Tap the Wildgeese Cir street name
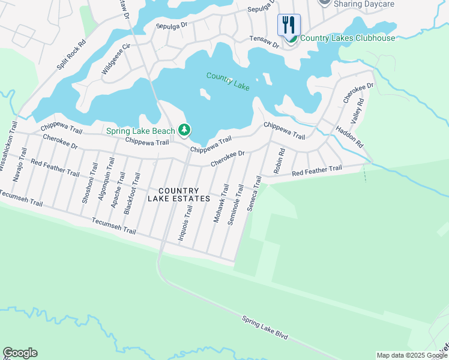click(116, 59)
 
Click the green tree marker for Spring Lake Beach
click(184, 130)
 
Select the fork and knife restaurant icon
click(289, 25)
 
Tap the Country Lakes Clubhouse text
click(348, 38)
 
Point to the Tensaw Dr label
click(265, 42)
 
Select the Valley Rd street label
click(359, 112)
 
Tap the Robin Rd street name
click(278, 161)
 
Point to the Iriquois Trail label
click(185, 223)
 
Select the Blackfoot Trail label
click(131, 193)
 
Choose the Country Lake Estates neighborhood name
click(179, 194)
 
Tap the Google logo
click(20, 353)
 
